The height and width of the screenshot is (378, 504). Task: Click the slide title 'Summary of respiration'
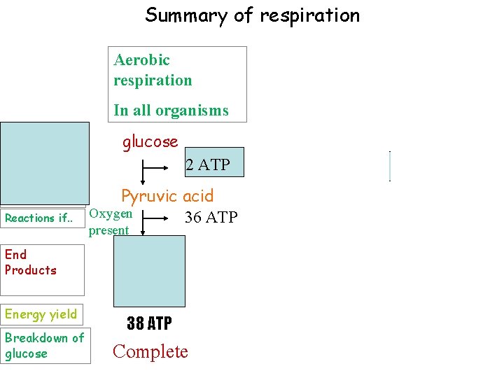252,15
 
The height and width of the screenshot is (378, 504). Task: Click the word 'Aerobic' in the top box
141,60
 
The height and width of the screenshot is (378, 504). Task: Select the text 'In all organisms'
171,111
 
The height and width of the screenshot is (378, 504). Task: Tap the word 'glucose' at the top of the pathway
150,142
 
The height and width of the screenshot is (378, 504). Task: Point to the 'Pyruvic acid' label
167,196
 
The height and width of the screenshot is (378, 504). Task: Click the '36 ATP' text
211,218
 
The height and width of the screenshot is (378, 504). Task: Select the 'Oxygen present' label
111,222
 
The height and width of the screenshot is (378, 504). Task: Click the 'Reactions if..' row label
38,218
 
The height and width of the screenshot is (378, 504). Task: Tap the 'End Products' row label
31,262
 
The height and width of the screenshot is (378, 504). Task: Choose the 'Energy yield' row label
40,314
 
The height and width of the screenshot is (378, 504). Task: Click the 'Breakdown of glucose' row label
44,346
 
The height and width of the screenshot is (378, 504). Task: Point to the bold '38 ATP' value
149,323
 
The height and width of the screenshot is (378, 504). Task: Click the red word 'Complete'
150,351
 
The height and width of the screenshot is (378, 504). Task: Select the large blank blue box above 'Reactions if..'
45,162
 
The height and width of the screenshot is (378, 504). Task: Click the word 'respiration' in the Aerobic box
153,80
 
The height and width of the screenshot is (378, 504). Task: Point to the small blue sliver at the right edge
389,166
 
